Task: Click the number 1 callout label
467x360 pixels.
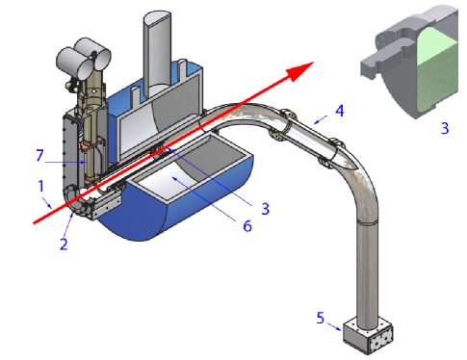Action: (x=40, y=183)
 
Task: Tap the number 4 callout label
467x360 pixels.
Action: (x=339, y=111)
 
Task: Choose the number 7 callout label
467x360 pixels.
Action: (x=39, y=155)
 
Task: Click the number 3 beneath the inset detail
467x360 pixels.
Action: (x=444, y=126)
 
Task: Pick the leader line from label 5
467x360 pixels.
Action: (x=335, y=321)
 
